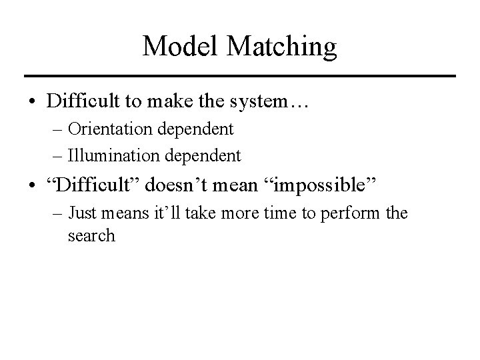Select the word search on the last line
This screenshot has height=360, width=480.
[x=91, y=237]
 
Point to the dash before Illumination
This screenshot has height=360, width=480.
[x=57, y=156]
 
